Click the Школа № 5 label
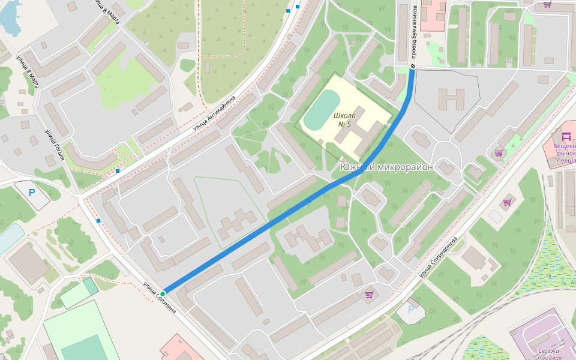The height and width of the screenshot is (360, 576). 344,119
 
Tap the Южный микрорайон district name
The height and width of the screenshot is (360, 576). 386,167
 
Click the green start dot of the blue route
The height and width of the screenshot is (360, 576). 163,293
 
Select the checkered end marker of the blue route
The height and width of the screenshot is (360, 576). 413,66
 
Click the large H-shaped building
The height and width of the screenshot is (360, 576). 451,99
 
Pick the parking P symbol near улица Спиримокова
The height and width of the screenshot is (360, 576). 410,310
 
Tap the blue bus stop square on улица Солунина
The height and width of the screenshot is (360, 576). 98,221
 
